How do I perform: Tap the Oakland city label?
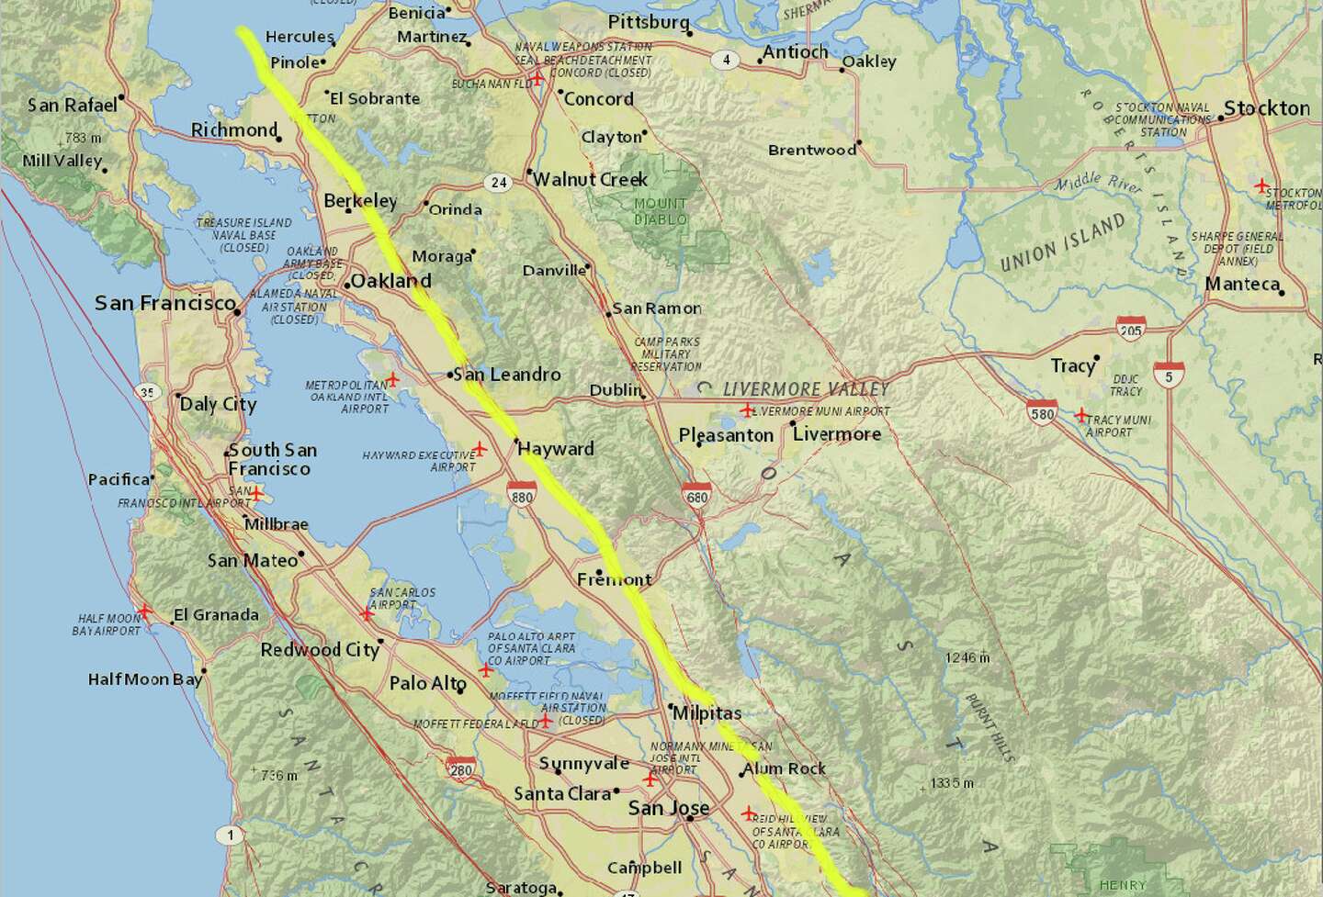[391, 281]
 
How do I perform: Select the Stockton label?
[1267, 108]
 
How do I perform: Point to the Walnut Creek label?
[591, 179]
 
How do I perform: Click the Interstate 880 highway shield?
[522, 493]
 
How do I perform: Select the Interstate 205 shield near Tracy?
[1131, 328]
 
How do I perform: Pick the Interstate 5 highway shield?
[1169, 375]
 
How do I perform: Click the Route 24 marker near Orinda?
[499, 183]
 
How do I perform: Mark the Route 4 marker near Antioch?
[726, 61]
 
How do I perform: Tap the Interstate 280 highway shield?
[460, 768]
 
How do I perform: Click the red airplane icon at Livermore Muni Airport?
[749, 409]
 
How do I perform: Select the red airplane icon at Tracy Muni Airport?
[1082, 415]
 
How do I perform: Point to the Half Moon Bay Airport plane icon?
[144, 611]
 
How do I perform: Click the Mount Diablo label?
[660, 211]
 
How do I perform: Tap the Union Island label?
[1062, 243]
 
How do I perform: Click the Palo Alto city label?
[428, 683]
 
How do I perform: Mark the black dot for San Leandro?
[449, 375]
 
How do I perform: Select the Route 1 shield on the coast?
[231, 835]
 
